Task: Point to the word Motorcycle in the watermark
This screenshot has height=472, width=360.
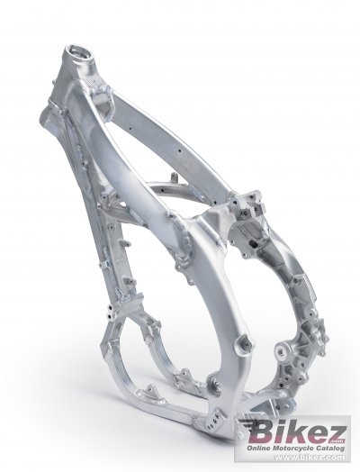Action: tap(292, 449)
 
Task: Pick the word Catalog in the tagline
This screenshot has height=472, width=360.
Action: tap(329, 449)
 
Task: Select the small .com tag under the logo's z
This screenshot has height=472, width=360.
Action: tap(337, 442)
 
